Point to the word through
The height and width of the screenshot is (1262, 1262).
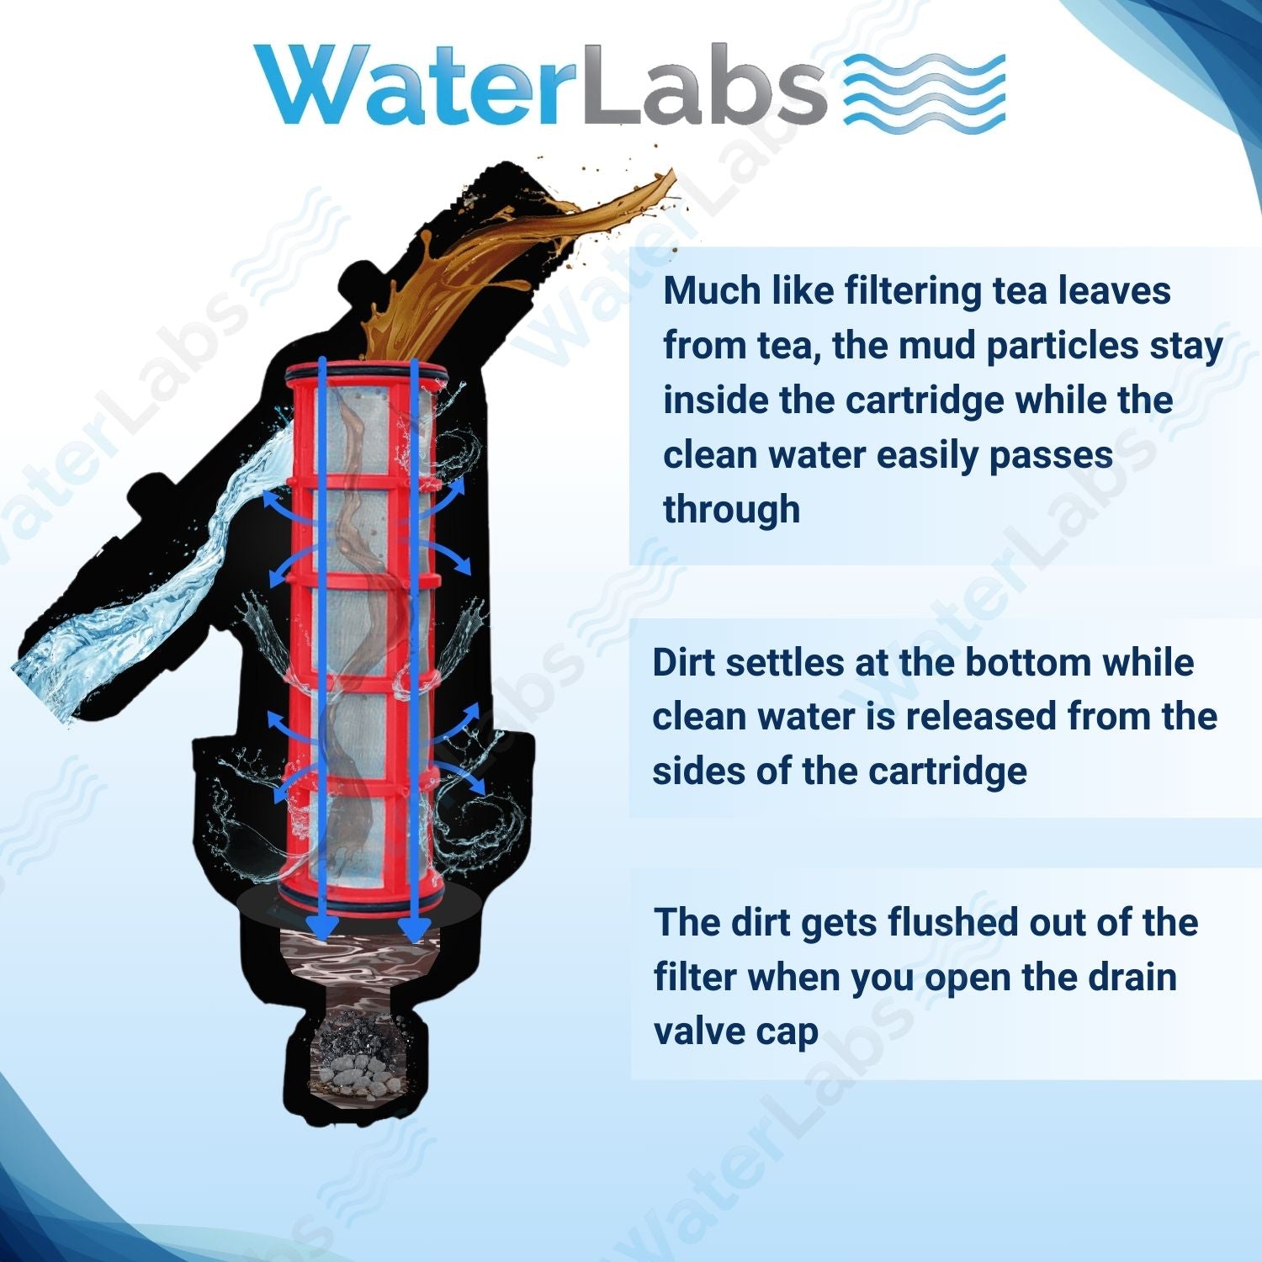click(731, 510)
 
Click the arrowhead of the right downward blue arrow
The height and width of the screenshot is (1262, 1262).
click(413, 929)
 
